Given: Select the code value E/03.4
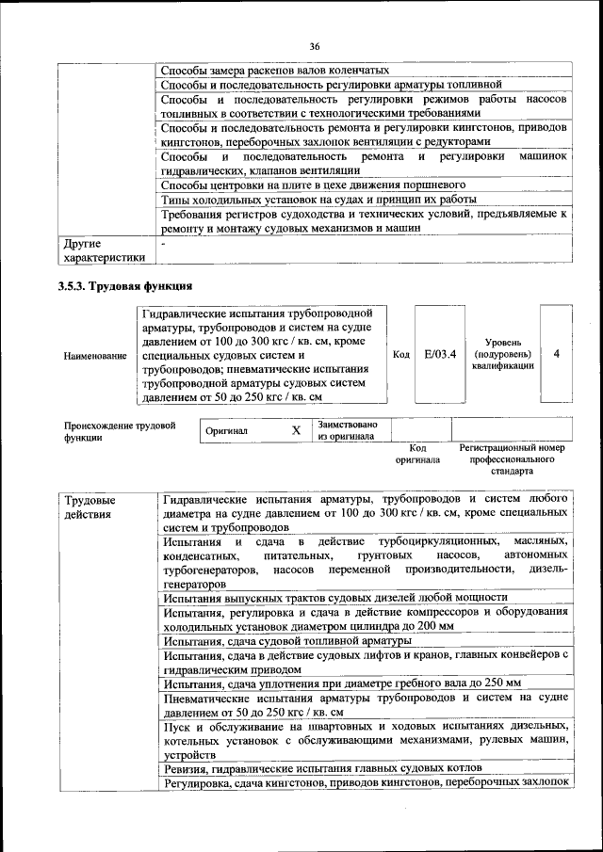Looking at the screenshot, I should click(440, 354).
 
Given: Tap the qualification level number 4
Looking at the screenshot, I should click(557, 354).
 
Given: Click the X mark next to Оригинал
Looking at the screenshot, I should click(295, 429).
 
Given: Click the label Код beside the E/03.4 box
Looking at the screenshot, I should click(400, 354).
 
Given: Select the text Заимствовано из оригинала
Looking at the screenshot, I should click(348, 429).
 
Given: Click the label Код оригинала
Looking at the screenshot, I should click(418, 455).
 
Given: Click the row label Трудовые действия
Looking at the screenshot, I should click(91, 506).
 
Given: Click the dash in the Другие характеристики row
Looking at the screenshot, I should click(163, 243).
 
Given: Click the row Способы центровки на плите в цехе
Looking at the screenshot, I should click(314, 185).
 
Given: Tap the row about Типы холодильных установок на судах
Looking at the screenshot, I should click(318, 200).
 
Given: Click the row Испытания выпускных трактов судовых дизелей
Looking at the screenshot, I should click(334, 597).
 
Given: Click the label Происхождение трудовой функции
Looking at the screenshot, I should click(120, 431).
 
